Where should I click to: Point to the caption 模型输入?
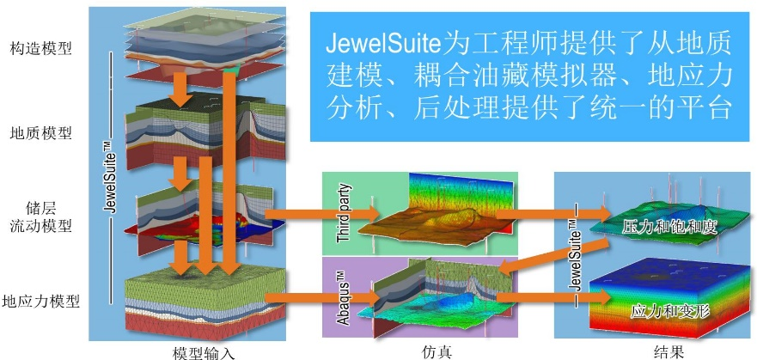[203, 351]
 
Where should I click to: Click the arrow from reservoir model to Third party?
[322, 212]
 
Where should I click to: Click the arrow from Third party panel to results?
[554, 212]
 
